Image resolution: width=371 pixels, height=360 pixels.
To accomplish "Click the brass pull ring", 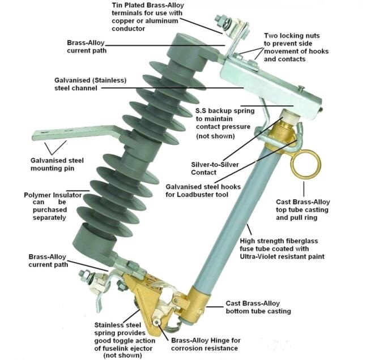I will point(306,164).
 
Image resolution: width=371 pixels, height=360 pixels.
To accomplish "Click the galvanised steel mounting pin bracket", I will point(74,134).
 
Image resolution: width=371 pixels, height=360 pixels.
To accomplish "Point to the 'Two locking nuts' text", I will point(292,36).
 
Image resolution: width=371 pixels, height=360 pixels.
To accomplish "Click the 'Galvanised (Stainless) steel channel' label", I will point(105,84).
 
